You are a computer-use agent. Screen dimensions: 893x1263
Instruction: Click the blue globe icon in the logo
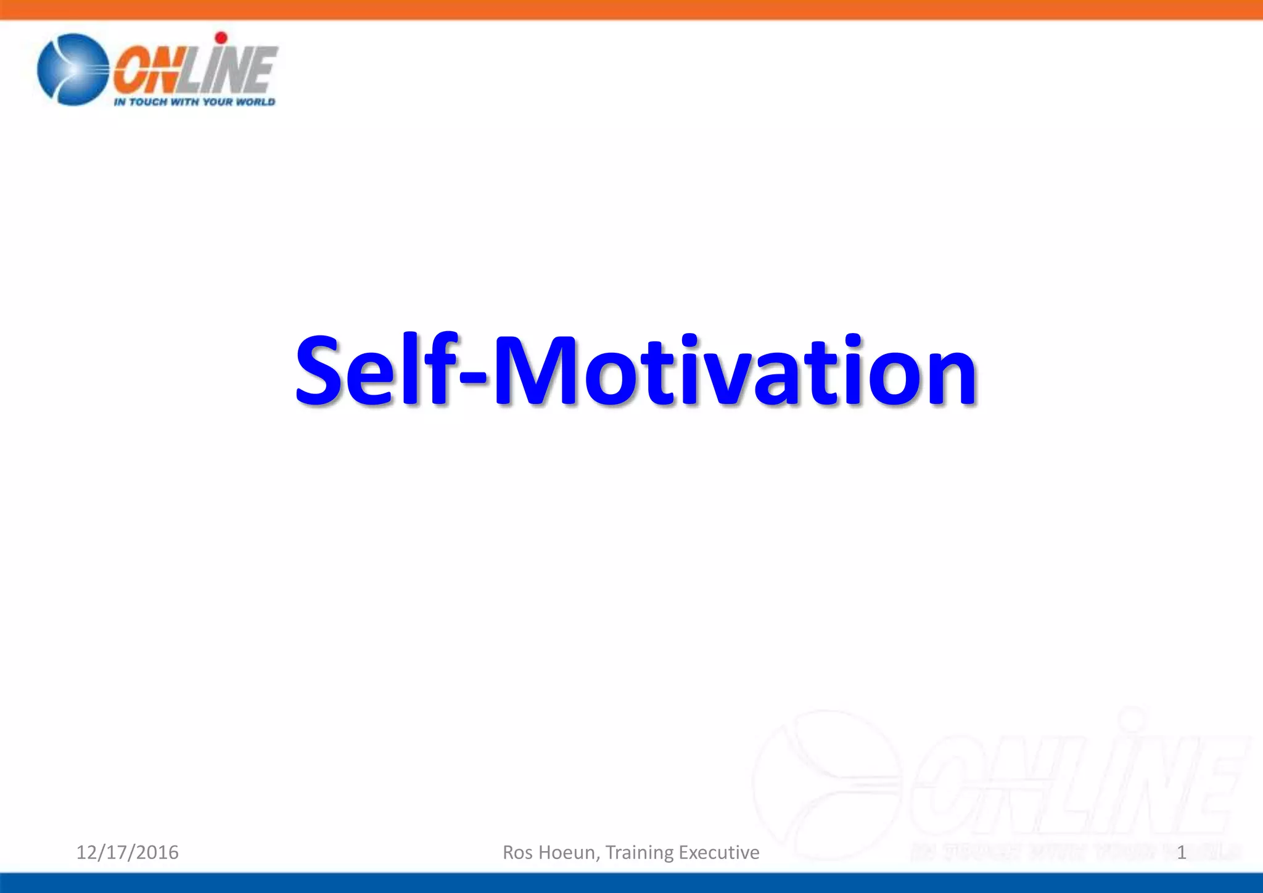pyautogui.click(x=73, y=69)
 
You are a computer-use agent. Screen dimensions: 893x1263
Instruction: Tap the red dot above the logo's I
pyautogui.click(x=221, y=38)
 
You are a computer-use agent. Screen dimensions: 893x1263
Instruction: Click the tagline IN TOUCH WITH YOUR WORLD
pyautogui.click(x=194, y=102)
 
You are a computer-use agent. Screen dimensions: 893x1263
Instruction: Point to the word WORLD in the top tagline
pyautogui.click(x=255, y=102)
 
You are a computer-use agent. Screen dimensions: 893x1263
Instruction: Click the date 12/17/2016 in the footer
pyautogui.click(x=127, y=852)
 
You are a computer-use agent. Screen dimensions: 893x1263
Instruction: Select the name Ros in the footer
pyautogui.click(x=517, y=852)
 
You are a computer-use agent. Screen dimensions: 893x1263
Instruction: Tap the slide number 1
pyautogui.click(x=1181, y=853)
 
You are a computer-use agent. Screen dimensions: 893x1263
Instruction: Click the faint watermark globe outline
pyautogui.click(x=826, y=783)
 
